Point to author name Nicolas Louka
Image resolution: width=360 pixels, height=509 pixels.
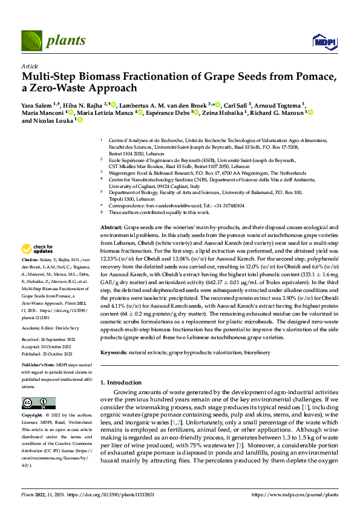pyautogui.click(x=53, y=121)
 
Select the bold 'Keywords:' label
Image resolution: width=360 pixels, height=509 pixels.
pyautogui.click(x=113, y=351)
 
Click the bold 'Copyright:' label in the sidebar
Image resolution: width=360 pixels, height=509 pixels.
pyautogui.click(x=32, y=416)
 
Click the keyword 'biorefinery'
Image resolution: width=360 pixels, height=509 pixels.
pyautogui.click(x=249, y=351)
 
